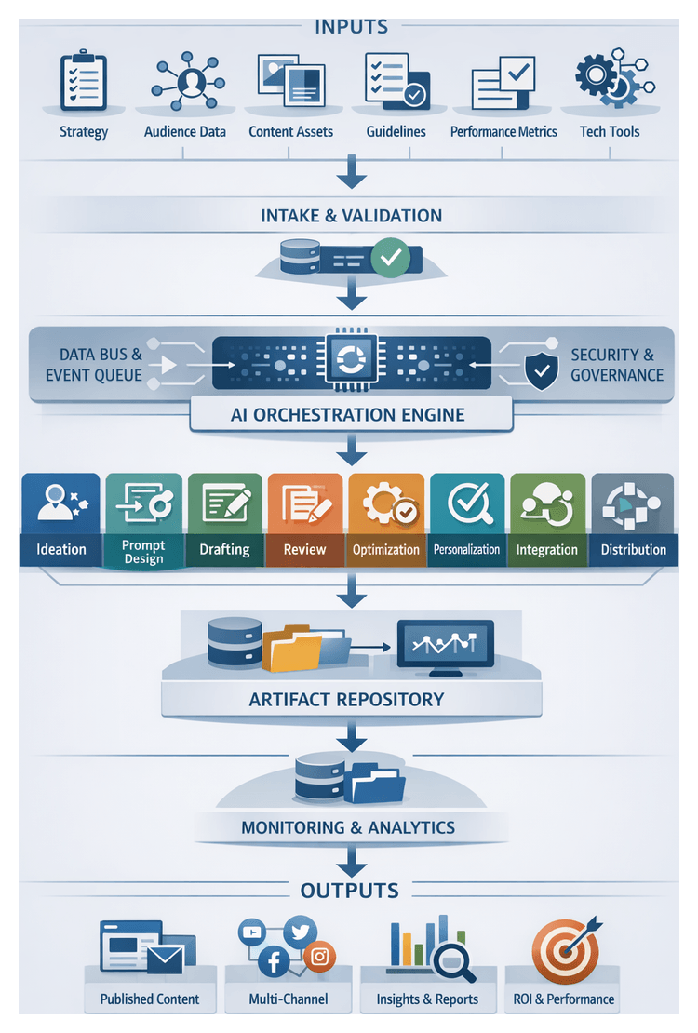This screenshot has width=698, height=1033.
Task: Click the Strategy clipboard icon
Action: (x=84, y=83)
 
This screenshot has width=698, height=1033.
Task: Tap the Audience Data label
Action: (x=185, y=132)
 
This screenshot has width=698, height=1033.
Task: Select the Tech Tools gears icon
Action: (x=608, y=84)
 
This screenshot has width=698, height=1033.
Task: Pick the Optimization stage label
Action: (x=385, y=550)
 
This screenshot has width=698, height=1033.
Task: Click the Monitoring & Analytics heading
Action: (x=348, y=827)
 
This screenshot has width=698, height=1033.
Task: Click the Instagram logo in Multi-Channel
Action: (x=320, y=957)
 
